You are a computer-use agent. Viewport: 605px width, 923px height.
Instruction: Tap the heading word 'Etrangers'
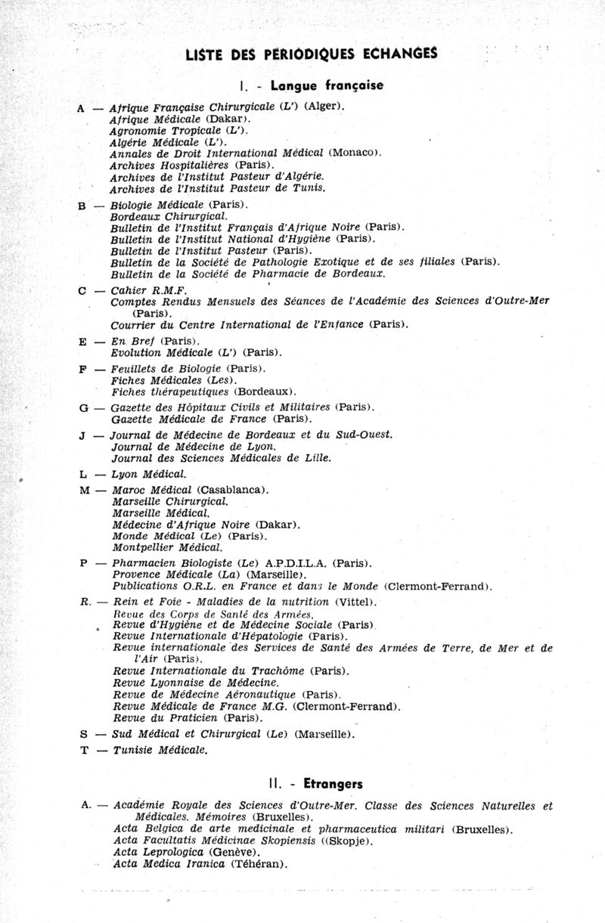pyautogui.click(x=330, y=784)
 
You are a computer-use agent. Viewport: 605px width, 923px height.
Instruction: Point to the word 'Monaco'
pyautogui.click(x=354, y=153)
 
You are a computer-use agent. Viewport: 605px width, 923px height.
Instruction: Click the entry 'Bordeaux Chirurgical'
pyautogui.click(x=163, y=216)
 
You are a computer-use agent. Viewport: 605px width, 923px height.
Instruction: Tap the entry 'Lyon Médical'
pyautogui.click(x=148, y=474)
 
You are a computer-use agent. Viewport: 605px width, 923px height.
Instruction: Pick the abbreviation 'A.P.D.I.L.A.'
pyautogui.click(x=298, y=563)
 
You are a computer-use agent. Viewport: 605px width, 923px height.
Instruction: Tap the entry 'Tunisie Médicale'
pyautogui.click(x=160, y=751)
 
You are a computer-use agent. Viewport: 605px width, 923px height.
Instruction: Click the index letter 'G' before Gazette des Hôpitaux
pyautogui.click(x=83, y=407)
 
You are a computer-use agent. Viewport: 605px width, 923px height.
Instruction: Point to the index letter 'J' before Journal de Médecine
pyautogui.click(x=83, y=435)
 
